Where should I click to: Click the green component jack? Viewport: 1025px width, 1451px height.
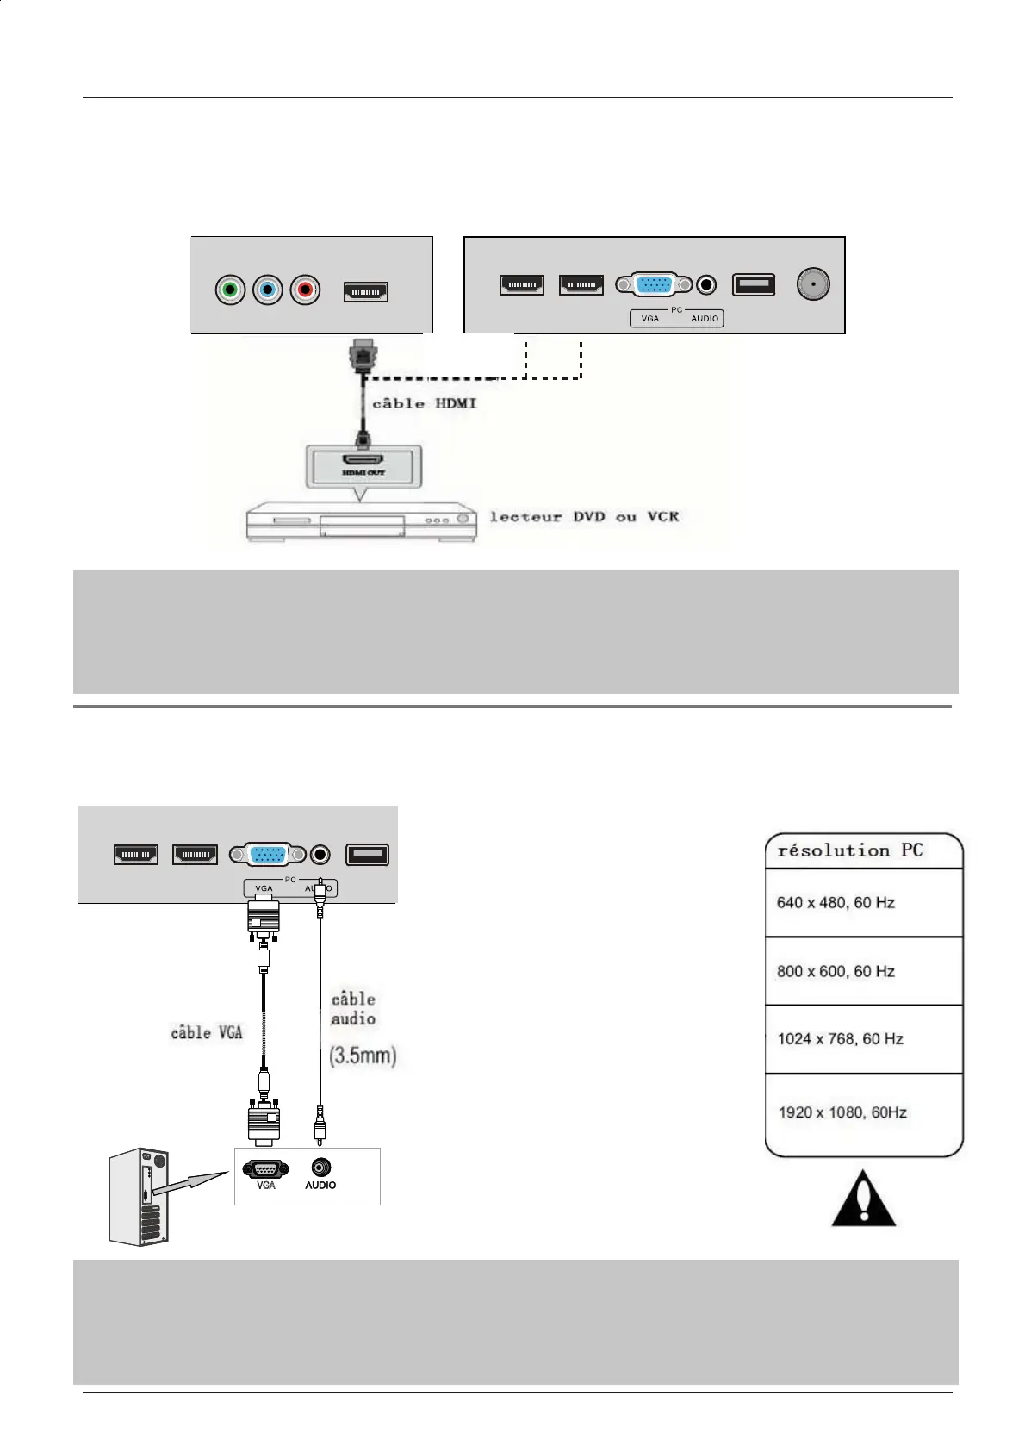[230, 290]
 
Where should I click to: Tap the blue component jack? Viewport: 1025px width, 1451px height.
[267, 290]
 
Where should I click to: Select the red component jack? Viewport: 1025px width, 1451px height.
[305, 290]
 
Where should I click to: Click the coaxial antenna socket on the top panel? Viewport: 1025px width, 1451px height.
[812, 283]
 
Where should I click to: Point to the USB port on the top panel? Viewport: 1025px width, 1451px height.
[753, 284]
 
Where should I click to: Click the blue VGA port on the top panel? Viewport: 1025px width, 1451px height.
[654, 284]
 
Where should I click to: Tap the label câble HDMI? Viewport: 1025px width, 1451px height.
[424, 403]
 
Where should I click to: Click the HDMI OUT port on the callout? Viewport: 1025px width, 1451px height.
[363, 460]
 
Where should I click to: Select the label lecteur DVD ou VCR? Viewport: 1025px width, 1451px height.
[584, 516]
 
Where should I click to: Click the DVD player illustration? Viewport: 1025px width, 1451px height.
[361, 521]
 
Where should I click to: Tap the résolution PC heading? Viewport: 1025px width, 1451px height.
[850, 850]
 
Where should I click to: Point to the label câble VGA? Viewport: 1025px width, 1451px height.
[207, 1032]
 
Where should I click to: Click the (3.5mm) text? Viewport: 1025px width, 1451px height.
[363, 1056]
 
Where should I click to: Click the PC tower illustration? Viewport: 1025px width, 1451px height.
[140, 1197]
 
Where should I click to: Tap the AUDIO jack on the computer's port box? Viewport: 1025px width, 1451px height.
[321, 1167]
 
